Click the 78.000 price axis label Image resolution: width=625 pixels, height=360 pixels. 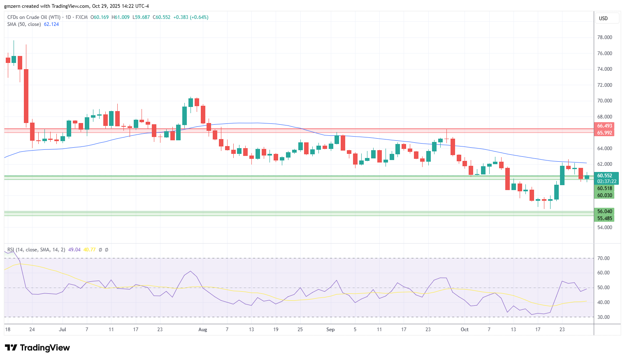[604, 37]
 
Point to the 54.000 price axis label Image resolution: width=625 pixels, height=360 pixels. [604, 228]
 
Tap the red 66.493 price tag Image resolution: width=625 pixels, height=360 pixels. [604, 126]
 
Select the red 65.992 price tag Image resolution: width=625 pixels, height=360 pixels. [604, 132]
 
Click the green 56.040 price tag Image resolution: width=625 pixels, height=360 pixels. [604, 211]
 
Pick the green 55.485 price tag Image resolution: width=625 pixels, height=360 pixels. [604, 218]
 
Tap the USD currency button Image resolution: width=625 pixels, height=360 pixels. [603, 19]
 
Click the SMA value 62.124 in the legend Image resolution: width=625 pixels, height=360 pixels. [51, 24]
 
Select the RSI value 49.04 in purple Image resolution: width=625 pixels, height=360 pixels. [74, 250]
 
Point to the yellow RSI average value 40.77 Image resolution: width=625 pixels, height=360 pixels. [89, 250]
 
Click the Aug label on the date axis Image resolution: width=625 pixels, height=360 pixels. [202, 330]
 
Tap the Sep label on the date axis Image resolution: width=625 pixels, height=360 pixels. [330, 330]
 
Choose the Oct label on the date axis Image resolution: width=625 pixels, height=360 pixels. [465, 330]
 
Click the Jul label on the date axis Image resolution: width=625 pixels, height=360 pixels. [63, 330]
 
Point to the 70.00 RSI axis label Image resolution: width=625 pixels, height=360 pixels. [603, 258]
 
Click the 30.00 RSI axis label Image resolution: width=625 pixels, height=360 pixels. [603, 317]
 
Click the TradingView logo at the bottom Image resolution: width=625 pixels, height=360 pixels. [37, 348]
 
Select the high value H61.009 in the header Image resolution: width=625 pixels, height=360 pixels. [121, 17]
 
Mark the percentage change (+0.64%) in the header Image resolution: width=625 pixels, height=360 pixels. [199, 17]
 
